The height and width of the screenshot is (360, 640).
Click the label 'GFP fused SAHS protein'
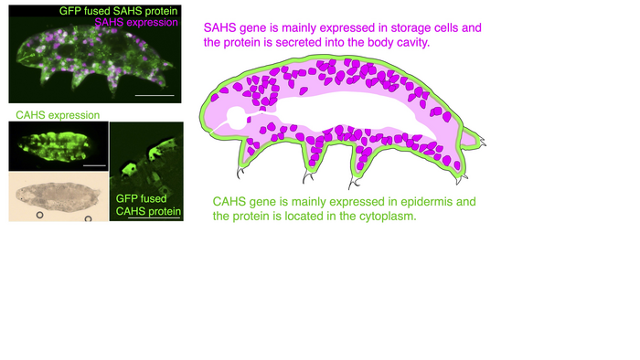[118, 11]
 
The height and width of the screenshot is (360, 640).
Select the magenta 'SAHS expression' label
[136, 23]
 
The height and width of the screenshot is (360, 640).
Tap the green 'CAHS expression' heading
[58, 115]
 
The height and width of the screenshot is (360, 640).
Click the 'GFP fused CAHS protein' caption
[148, 205]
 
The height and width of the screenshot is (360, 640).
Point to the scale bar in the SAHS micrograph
[155, 95]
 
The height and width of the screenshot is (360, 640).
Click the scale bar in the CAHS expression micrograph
[94, 165]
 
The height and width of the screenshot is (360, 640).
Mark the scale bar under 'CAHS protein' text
[154, 218]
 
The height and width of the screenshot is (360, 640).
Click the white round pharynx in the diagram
[237, 118]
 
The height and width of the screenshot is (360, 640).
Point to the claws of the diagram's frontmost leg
[240, 173]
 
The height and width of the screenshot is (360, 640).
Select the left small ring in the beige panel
[39, 215]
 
